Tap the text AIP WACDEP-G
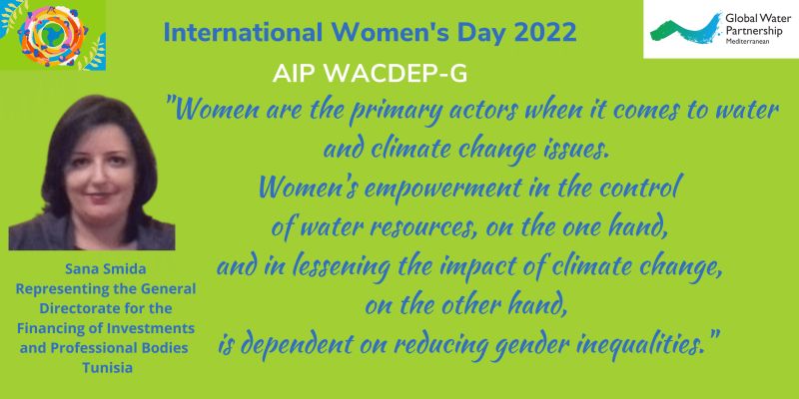pos(370,74)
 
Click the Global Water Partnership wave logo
pos(686,29)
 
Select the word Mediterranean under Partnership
pos(747,40)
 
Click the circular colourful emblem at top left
pos(52,35)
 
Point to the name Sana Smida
pos(106,268)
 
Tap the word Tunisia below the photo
pos(108,367)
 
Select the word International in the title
pos(243,34)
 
